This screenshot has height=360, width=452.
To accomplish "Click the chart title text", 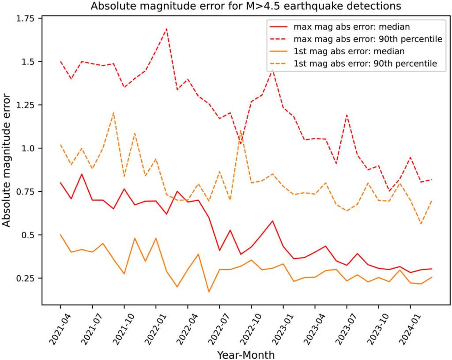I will pos(245,7).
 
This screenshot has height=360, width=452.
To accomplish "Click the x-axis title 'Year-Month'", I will pos(245,354).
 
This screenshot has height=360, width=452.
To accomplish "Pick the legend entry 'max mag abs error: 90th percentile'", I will pos(368,39).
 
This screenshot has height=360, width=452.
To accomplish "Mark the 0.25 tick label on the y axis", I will pos(28,278).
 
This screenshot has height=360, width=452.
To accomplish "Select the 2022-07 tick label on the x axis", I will pos(213,327).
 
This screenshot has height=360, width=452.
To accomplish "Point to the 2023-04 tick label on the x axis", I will pos(308,327).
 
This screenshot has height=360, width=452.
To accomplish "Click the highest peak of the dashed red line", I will pos(166,29).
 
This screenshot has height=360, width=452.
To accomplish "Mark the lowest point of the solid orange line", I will pos(209,292).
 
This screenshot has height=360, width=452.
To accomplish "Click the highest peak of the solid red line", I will pos(82,174).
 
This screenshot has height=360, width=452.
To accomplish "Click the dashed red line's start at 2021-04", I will pos(60,62).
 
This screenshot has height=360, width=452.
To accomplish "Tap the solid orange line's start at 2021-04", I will pos(60,235).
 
